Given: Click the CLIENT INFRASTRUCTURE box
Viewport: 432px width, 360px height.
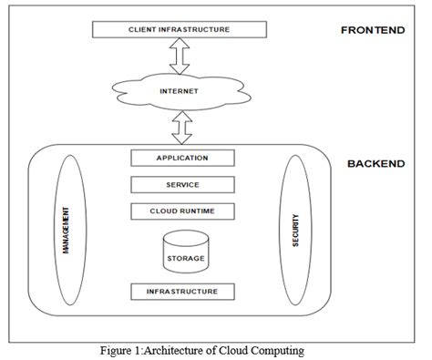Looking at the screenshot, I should [179, 30].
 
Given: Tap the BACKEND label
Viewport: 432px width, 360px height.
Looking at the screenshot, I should [376, 164].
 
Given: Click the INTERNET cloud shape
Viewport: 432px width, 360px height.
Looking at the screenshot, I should [179, 91].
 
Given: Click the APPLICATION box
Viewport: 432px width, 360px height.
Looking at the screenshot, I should [182, 158].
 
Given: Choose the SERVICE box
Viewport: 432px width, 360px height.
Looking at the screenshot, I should [182, 185].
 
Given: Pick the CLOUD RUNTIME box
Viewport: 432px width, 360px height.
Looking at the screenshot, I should [182, 211].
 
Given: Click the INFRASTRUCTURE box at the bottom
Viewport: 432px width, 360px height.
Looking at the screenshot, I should [182, 292].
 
